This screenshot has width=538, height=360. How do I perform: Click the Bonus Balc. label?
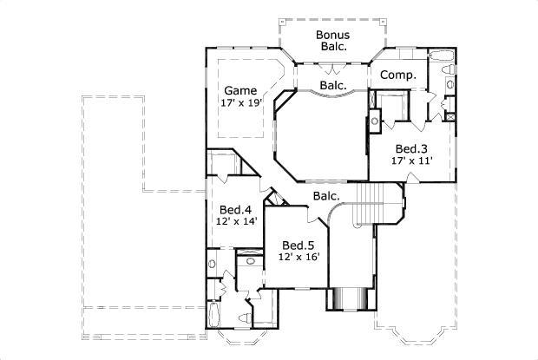point(332,40)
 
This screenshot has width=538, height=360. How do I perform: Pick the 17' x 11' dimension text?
point(412,160)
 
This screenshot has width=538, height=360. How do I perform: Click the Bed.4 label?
point(234,209)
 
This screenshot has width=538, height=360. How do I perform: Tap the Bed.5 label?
point(298,245)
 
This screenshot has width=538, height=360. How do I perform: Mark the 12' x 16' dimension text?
point(298,257)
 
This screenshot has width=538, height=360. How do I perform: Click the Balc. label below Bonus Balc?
point(333,85)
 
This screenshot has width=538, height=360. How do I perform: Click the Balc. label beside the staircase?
point(326,196)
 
